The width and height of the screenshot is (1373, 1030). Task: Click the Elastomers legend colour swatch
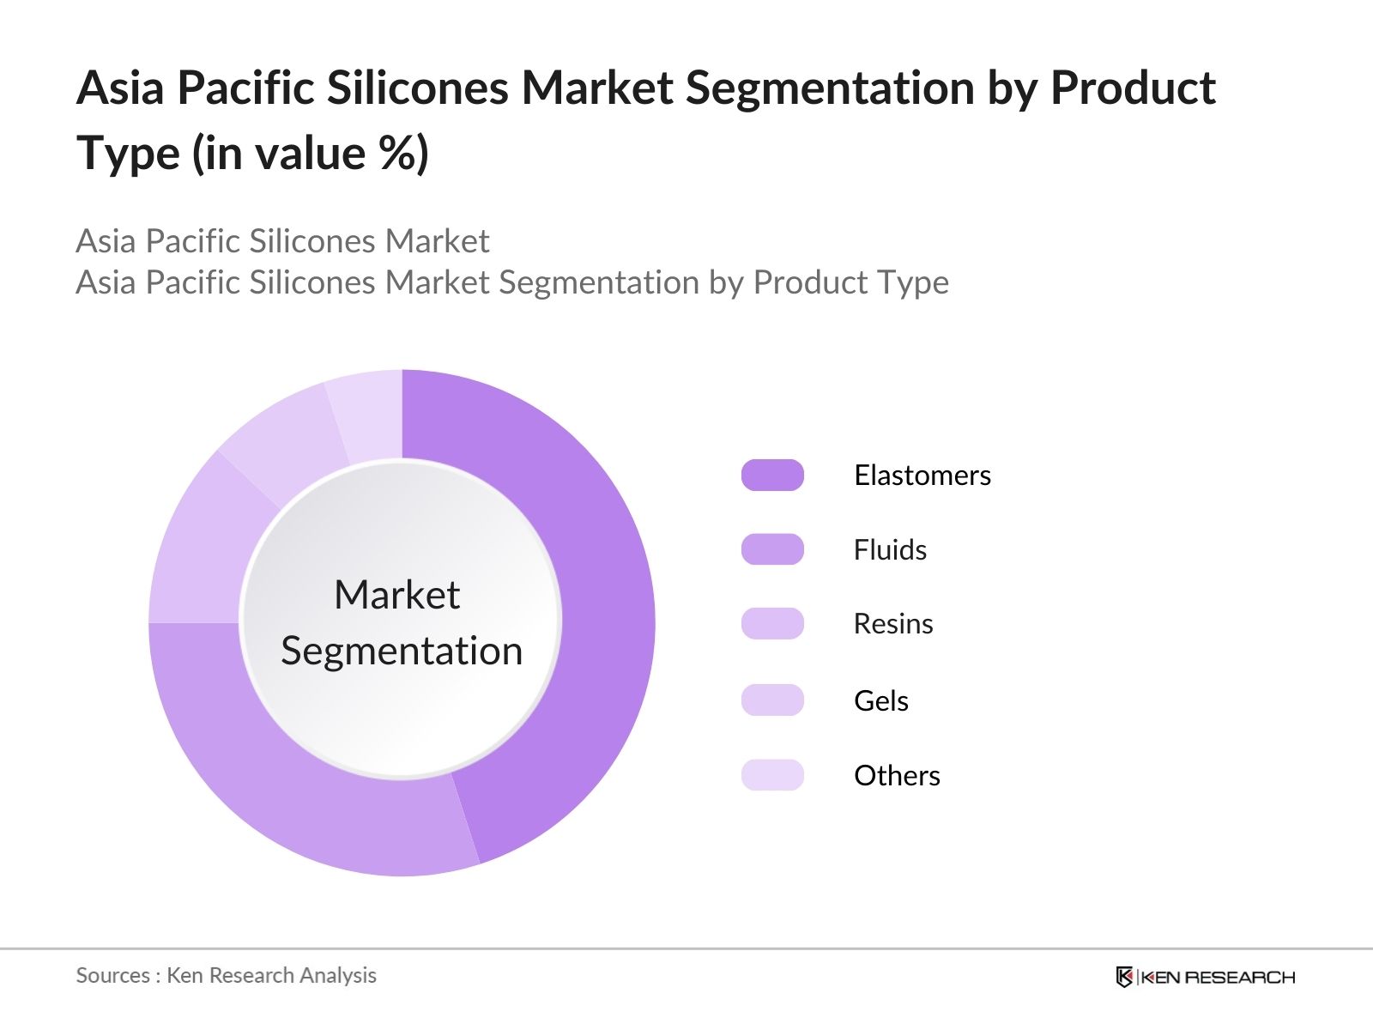click(x=772, y=475)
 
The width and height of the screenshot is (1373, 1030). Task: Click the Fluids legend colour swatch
click(x=772, y=549)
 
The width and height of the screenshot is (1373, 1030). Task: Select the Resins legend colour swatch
click(x=772, y=624)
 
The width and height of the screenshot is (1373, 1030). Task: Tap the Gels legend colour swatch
click(x=772, y=700)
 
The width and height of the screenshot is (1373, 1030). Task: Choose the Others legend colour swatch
click(x=772, y=775)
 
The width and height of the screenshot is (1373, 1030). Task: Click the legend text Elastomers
click(x=922, y=475)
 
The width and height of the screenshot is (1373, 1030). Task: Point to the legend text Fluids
click(x=890, y=549)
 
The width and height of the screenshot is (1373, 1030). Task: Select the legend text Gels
click(x=880, y=700)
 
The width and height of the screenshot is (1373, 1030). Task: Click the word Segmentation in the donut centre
click(x=402, y=651)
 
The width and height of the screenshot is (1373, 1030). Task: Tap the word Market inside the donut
click(x=396, y=594)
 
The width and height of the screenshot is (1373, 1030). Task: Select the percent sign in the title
click(x=396, y=154)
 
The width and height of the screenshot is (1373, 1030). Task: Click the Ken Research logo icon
click(x=1124, y=977)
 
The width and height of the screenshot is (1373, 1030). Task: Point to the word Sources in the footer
click(x=112, y=975)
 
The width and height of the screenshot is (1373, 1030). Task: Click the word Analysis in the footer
click(x=343, y=975)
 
